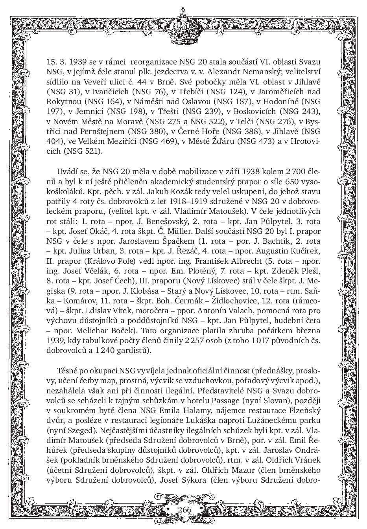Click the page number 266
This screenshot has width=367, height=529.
[184, 509]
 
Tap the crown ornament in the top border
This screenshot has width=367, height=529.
[182, 25]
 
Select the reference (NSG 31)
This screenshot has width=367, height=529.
[63, 92]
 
